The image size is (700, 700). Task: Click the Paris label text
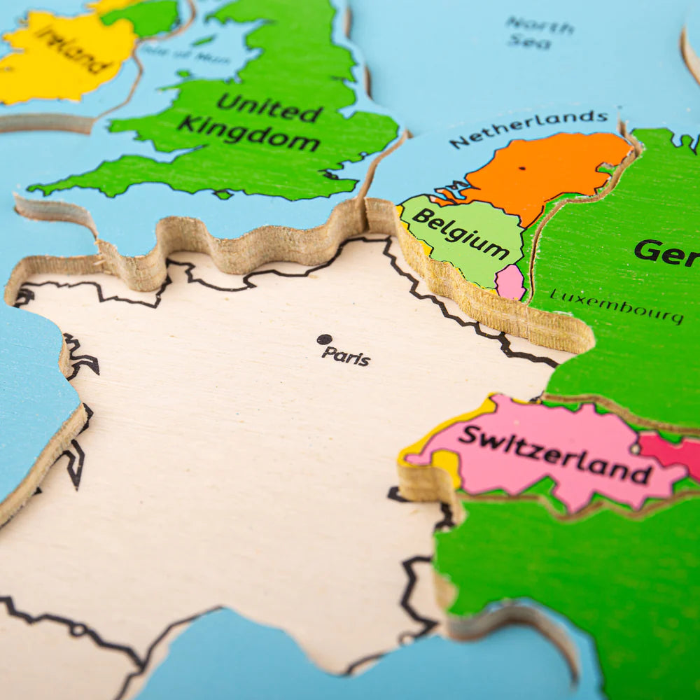click(346, 356)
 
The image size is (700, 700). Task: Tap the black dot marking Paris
click(324, 339)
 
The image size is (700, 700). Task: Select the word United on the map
click(269, 108)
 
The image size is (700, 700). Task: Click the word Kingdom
click(248, 134)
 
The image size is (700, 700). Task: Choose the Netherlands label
click(528, 128)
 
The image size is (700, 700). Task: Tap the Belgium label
click(460, 233)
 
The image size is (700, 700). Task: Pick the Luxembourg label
click(616, 306)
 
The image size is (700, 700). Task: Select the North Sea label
click(540, 33)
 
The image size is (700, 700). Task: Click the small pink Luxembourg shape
click(510, 281)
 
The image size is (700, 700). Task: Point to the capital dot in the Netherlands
click(522, 168)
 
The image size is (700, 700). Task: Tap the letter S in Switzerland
click(470, 435)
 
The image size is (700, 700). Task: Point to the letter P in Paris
click(327, 353)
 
